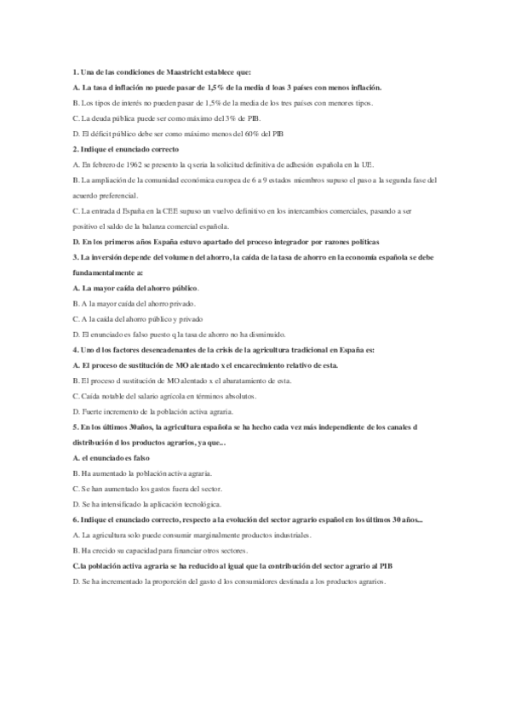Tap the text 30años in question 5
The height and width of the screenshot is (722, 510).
135,427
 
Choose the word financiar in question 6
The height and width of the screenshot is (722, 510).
189,550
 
